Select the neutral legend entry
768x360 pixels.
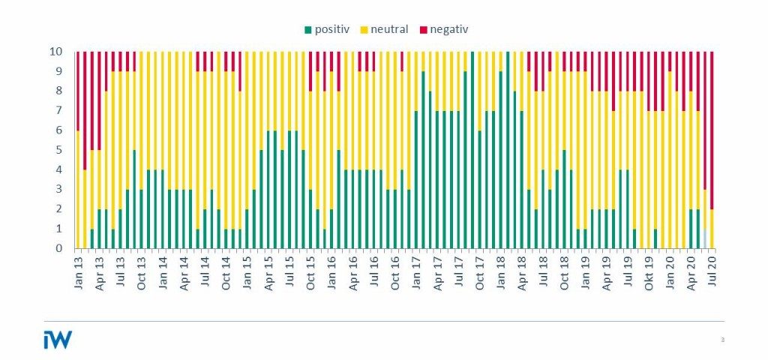389,29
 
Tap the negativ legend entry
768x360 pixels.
448,29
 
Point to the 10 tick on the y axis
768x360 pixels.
65,52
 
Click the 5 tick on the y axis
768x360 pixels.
67,150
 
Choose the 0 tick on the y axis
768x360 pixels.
67,248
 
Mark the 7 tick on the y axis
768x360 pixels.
67,111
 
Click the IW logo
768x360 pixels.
58,340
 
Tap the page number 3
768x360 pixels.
721,340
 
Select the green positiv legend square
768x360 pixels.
307,30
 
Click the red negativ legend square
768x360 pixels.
424,30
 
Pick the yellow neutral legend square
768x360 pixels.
364,30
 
